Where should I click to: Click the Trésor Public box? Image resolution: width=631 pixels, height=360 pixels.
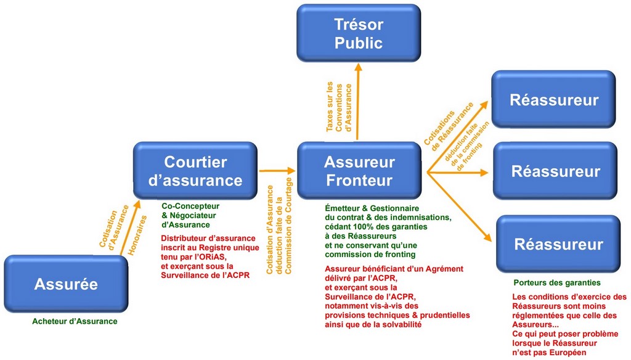(x=358, y=34)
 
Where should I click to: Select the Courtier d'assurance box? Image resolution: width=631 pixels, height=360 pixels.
(x=195, y=171)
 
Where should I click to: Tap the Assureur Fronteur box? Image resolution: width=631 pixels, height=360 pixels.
(x=358, y=171)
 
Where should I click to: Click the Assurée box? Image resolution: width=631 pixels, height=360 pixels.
(x=65, y=284)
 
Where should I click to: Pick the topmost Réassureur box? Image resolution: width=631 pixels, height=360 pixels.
(x=553, y=99)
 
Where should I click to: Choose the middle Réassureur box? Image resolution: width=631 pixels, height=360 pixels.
(x=555, y=171)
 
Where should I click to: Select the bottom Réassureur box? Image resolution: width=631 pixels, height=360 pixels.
(x=558, y=244)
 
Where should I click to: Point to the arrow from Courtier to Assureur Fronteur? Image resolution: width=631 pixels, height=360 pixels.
(x=277, y=171)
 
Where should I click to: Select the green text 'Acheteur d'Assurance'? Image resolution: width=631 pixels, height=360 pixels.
(x=75, y=321)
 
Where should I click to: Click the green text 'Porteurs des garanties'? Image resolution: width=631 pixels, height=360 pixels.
(x=556, y=283)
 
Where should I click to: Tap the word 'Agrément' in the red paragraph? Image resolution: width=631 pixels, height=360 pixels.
(x=441, y=269)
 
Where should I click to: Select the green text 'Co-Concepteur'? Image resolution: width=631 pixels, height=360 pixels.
(x=190, y=206)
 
